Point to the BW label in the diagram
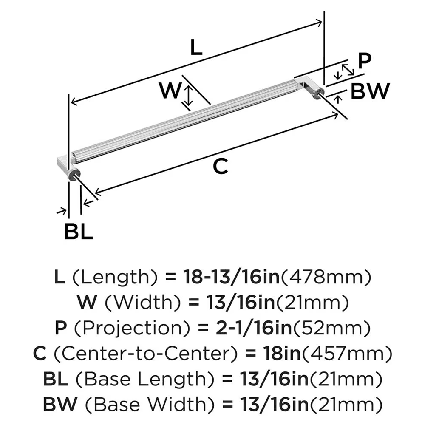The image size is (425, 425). [x=370, y=91]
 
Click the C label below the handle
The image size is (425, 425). [x=220, y=167]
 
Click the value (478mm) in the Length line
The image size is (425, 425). [x=326, y=278]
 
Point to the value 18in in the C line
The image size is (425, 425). [x=281, y=353]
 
